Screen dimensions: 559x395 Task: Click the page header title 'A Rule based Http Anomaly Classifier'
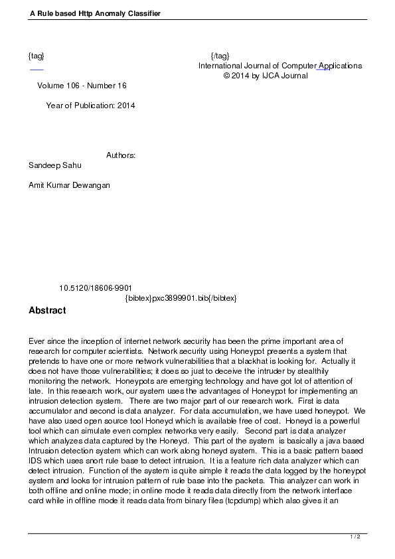(95, 13)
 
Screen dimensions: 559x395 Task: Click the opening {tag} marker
(37, 55)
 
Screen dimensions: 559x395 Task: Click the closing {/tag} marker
(220, 55)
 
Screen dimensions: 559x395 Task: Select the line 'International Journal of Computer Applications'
(279, 66)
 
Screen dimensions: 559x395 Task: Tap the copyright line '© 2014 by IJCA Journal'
(266, 76)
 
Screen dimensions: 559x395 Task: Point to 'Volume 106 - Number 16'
(82, 86)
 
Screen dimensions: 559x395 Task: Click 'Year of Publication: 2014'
(90, 106)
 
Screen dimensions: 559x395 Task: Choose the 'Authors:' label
(121, 155)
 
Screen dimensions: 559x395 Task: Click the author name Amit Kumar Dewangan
(69, 185)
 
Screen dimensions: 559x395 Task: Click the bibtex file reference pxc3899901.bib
(181, 298)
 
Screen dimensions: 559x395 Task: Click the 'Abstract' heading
(47, 310)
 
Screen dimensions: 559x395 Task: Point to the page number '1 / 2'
(355, 536)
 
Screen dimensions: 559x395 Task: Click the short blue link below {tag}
(37, 69)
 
